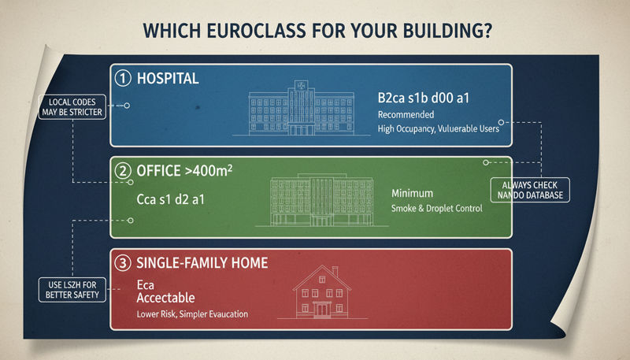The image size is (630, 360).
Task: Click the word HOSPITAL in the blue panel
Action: [168, 80]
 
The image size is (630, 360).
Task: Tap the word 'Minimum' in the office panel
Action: [412, 193]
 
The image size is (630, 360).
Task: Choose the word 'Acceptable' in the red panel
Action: [165, 299]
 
